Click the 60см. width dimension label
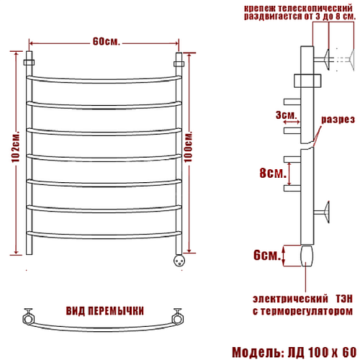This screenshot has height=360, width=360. point(106,42)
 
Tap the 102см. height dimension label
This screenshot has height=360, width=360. point(16,147)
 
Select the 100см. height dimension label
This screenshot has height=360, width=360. point(189,147)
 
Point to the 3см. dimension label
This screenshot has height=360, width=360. point(286,115)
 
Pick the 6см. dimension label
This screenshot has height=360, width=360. point(267,255)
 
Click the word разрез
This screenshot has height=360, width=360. point(338,120)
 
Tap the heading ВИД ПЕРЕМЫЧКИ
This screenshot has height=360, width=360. point(105,311)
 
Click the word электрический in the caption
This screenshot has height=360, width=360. point(290,299)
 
